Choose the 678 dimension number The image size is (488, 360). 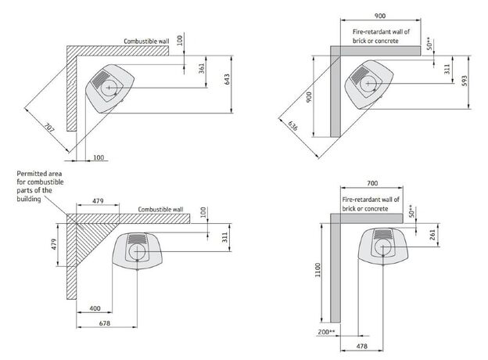point(104,323)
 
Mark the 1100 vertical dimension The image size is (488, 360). point(317,269)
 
